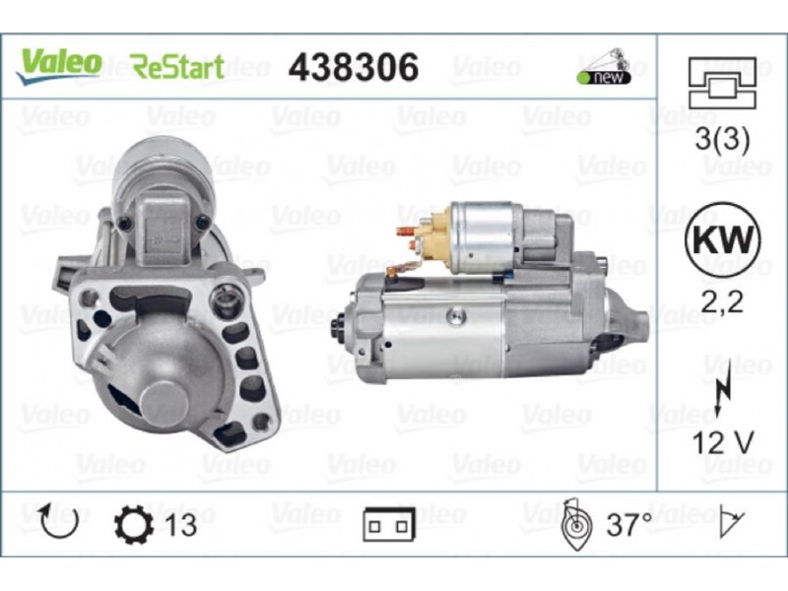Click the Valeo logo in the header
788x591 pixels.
(x=58, y=66)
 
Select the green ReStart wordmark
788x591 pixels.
(x=177, y=67)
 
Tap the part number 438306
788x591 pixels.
(x=354, y=67)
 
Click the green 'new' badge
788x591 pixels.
(x=605, y=67)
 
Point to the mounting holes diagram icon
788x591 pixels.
(x=722, y=83)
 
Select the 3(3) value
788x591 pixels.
(x=722, y=138)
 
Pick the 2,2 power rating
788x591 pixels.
(x=722, y=302)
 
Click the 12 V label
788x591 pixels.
(x=723, y=442)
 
